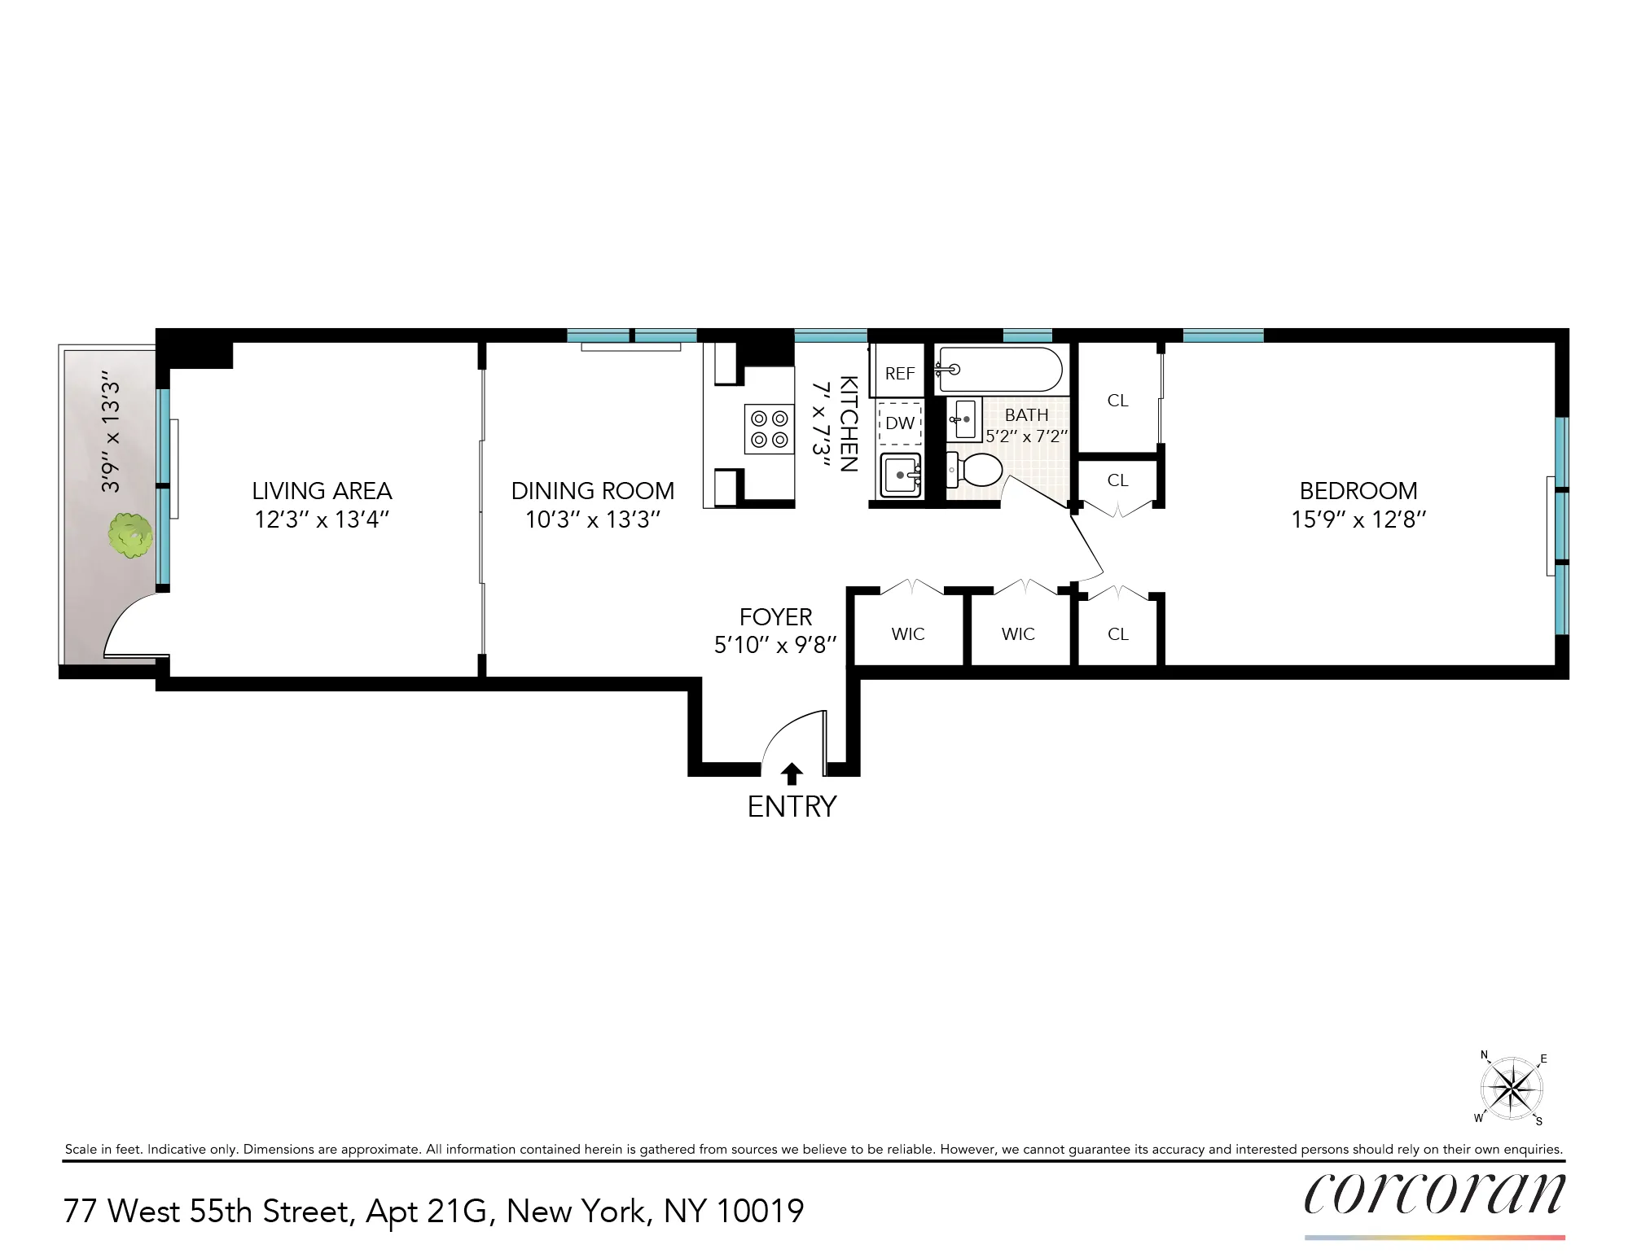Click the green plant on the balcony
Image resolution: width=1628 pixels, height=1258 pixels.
[x=130, y=535]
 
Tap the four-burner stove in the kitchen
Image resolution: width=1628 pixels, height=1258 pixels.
[x=769, y=429]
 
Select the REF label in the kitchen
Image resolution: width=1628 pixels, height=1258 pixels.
[x=900, y=374]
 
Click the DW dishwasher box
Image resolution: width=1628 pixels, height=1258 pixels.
[x=900, y=423]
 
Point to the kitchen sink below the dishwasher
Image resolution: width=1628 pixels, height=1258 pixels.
[x=901, y=474]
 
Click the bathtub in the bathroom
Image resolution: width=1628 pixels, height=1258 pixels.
[x=1000, y=370]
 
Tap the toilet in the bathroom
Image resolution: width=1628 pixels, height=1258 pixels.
[x=976, y=470]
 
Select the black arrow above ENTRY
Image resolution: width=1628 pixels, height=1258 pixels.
[x=792, y=774]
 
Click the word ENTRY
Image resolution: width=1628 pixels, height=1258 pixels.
[x=792, y=807]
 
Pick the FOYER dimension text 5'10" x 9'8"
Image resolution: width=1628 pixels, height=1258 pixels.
[x=775, y=646]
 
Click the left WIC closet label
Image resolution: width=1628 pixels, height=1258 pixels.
[x=908, y=634]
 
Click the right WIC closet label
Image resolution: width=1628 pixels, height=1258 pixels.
[x=1018, y=634]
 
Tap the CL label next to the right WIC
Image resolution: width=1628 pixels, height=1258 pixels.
[x=1118, y=634]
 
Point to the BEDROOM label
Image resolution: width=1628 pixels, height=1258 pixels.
[x=1358, y=491]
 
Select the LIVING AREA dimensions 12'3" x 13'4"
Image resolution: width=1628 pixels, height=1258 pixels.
[x=322, y=519]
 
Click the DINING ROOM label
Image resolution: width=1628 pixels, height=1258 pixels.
[x=593, y=491]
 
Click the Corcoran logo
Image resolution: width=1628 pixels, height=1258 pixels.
[x=1434, y=1194]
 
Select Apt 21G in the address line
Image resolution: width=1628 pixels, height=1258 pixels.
[x=426, y=1212]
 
